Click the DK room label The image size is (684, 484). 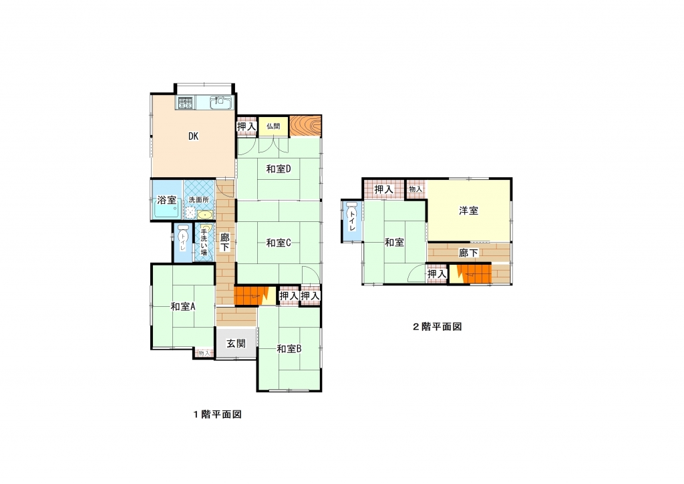click(193, 136)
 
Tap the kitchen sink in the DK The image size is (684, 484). click(219, 102)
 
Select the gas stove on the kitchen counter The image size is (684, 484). click(185, 102)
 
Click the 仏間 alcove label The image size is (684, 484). click(273, 126)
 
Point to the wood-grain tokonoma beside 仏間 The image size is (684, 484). click(306, 126)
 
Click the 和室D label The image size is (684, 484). click(279, 169)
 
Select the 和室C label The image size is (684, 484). click(279, 243)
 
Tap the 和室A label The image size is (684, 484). click(183, 306)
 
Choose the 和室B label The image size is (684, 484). click(289, 349)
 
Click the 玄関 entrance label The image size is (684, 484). click(236, 344)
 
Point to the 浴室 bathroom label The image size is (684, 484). click(166, 201)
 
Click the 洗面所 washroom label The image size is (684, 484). click(199, 200)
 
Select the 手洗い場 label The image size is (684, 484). click(204, 242)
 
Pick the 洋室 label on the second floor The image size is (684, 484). click(468, 211)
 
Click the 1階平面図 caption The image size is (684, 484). click(218, 414)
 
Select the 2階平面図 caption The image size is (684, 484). click(438, 326)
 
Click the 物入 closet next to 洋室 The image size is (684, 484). click(415, 189)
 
